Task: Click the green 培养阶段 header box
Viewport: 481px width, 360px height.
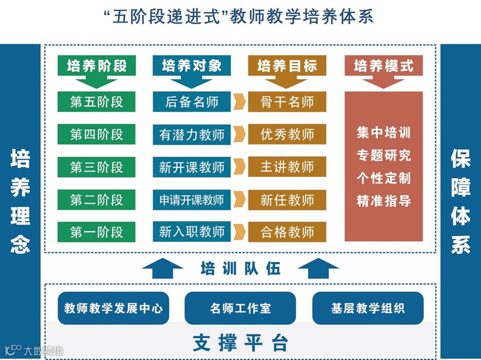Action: (96, 66)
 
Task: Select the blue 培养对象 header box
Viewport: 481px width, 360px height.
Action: (191, 66)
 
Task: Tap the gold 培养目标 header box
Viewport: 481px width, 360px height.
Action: (287, 66)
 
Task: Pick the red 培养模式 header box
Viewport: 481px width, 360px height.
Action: (384, 66)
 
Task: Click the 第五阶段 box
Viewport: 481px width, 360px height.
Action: (96, 102)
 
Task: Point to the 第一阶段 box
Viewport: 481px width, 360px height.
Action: (96, 232)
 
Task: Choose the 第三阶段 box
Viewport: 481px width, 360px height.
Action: (96, 167)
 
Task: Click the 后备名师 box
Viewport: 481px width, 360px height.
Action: (191, 102)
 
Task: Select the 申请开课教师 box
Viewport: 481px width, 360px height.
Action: (191, 200)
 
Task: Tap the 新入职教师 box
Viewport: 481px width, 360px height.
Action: (191, 232)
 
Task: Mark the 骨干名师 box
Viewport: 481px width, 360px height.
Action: (287, 102)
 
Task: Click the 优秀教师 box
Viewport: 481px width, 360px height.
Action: (287, 135)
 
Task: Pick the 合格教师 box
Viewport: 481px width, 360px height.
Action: (287, 232)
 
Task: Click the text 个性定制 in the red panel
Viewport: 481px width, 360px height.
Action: (384, 178)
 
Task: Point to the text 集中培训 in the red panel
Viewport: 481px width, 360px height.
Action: (384, 133)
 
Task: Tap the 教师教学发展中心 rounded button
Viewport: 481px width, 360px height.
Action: (113, 308)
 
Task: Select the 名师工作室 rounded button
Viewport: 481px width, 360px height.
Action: (240, 308)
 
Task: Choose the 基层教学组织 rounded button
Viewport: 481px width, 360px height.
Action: (368, 308)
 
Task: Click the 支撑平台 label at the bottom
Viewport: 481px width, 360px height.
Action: (240, 342)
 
